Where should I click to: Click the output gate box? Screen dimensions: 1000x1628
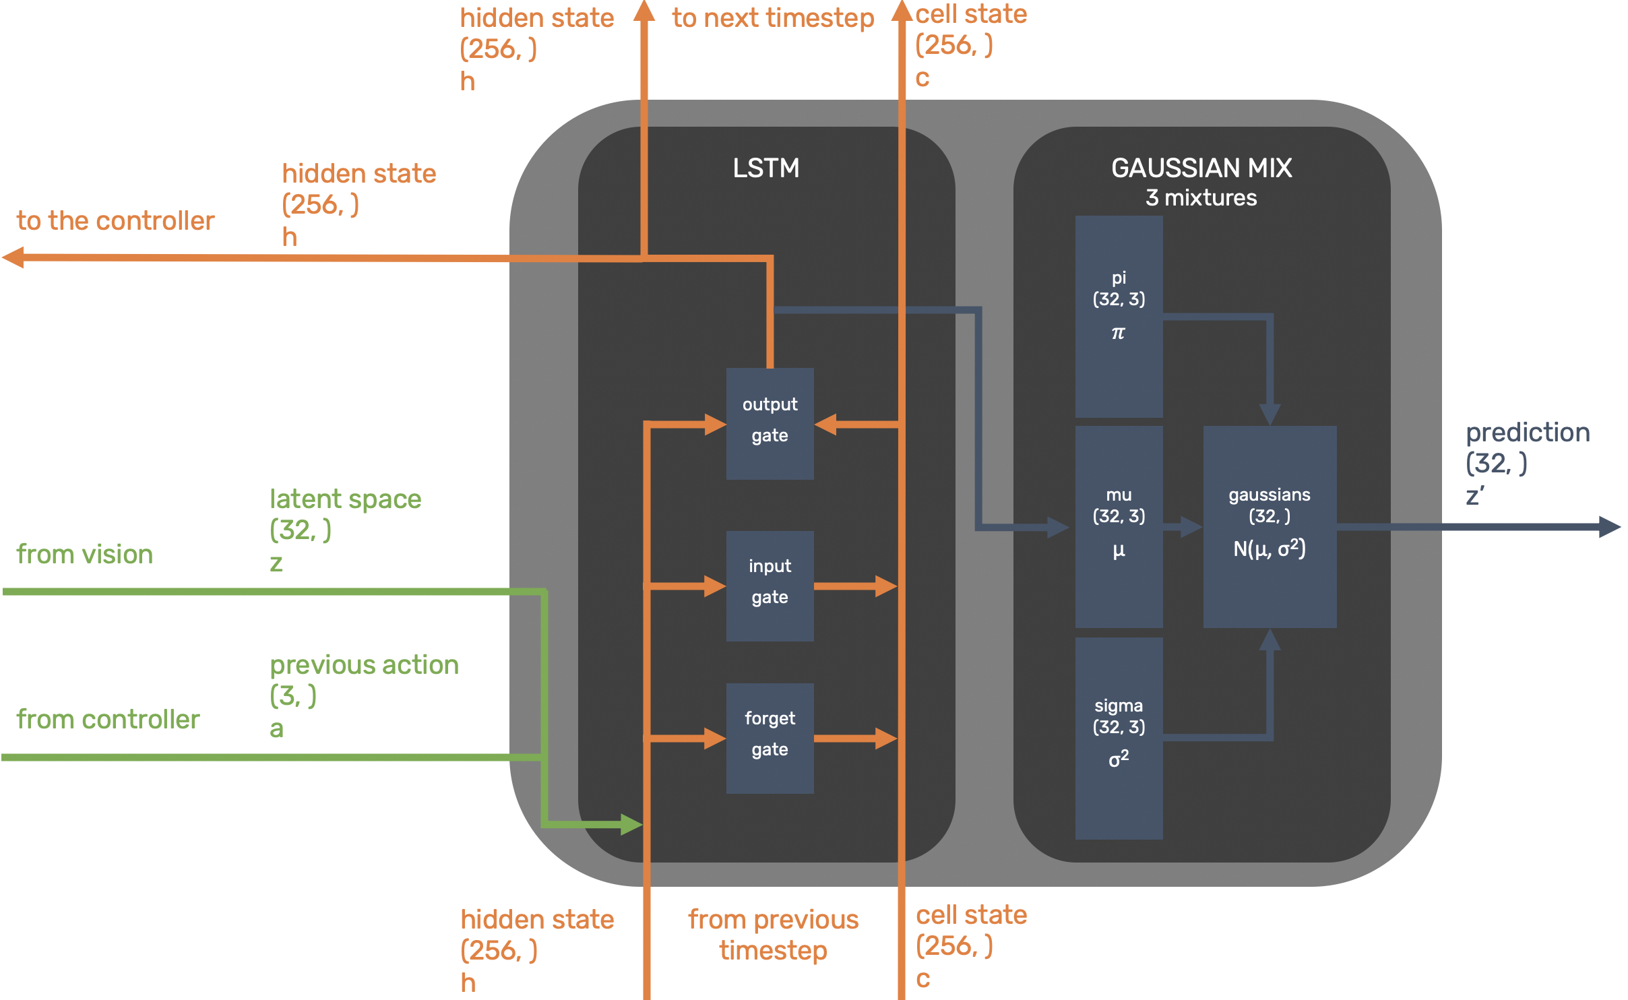point(770,423)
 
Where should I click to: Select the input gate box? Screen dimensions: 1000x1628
point(770,585)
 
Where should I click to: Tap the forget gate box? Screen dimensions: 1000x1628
point(770,738)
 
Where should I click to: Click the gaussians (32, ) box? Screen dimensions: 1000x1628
point(1270,526)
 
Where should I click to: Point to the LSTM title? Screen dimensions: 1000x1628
point(766,168)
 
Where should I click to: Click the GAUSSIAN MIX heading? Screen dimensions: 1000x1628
point(1201,168)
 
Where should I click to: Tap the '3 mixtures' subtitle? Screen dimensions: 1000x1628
point(1201,198)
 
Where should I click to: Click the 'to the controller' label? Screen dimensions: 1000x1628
point(115,221)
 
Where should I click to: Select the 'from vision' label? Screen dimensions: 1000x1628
point(85,555)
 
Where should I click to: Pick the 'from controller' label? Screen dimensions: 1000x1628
point(108,720)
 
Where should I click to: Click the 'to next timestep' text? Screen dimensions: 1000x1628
point(773,18)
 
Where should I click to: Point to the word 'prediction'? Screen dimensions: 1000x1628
point(1528,433)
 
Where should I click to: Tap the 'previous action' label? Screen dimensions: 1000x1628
point(364,665)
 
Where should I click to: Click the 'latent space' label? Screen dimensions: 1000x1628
point(345,499)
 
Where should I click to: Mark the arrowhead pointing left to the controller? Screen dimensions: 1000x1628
point(13,257)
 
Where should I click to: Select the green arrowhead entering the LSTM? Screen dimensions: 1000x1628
point(631,824)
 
